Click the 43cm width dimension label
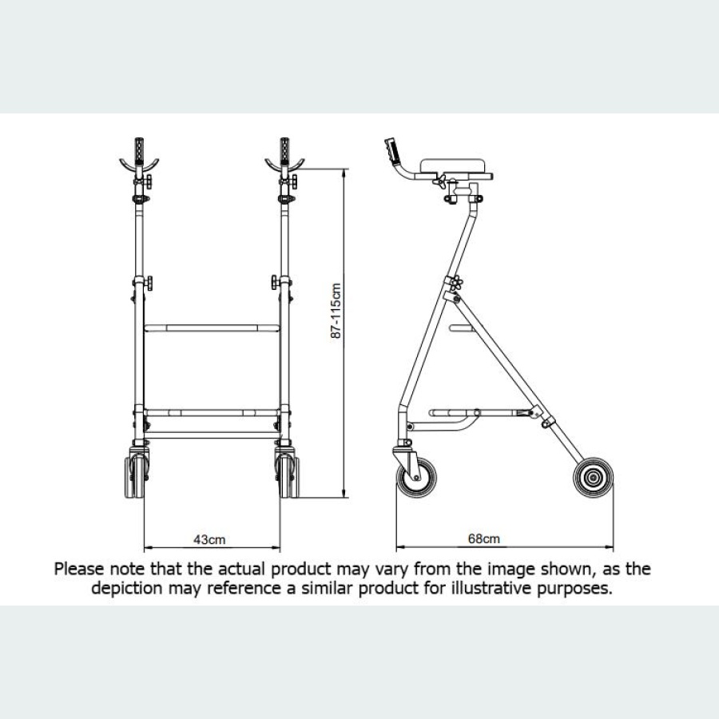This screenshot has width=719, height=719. [210, 539]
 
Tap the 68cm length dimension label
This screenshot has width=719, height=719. [484, 539]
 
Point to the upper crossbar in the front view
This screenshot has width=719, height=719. [212, 328]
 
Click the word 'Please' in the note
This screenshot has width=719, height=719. [78, 570]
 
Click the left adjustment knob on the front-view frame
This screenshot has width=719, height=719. [149, 284]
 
